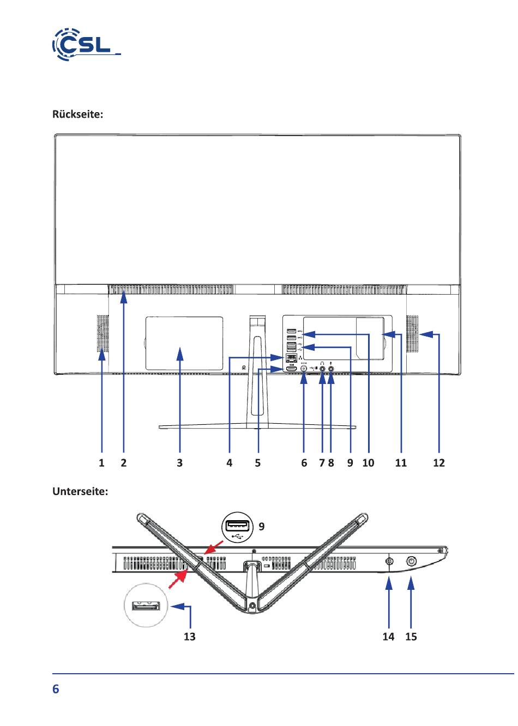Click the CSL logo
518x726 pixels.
(x=86, y=45)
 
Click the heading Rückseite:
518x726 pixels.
(x=77, y=114)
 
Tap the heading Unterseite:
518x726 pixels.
(x=80, y=491)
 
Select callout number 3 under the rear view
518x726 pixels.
(x=179, y=463)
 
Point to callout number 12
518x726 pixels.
(x=439, y=463)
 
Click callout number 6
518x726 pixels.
(x=304, y=463)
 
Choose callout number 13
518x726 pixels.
(x=190, y=637)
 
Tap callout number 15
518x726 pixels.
(x=411, y=637)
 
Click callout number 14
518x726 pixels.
(x=388, y=637)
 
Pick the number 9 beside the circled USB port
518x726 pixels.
(x=262, y=526)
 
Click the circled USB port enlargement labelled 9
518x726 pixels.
(x=237, y=527)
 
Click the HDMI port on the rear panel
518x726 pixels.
(x=291, y=369)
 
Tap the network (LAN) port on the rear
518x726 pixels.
(x=291, y=358)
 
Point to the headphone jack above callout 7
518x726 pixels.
(x=322, y=369)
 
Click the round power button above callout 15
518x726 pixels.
(x=412, y=562)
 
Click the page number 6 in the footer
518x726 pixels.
(x=56, y=689)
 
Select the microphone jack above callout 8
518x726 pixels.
(x=331, y=369)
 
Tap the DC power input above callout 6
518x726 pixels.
(x=304, y=369)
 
